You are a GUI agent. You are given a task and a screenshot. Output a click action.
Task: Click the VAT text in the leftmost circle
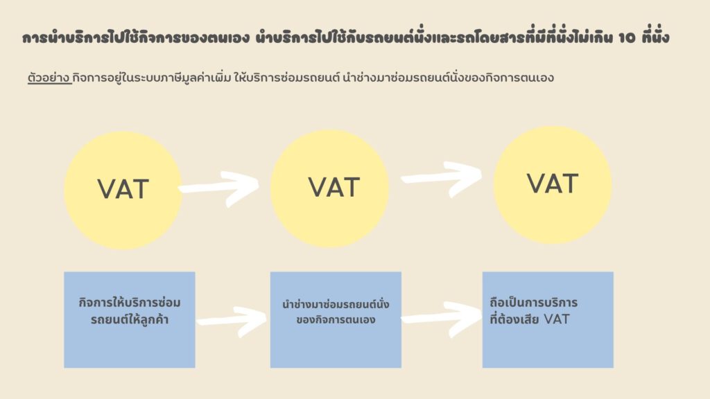click(123, 189)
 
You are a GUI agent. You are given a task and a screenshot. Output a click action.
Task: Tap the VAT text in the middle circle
click(334, 187)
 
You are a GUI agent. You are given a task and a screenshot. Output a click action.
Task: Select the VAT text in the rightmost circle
click(553, 184)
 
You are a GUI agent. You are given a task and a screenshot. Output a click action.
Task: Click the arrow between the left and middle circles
click(219, 188)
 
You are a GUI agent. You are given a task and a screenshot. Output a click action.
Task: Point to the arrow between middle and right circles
click(442, 178)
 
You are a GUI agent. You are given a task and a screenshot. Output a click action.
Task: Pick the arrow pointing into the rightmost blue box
click(442, 319)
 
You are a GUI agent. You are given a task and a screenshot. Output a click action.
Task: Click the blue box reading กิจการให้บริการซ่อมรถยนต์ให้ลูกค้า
click(130, 320)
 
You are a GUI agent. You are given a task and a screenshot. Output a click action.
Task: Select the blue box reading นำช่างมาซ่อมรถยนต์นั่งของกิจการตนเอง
click(336, 320)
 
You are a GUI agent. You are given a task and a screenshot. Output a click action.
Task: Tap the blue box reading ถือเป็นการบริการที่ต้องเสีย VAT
click(548, 320)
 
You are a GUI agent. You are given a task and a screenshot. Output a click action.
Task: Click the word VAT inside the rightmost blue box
click(557, 319)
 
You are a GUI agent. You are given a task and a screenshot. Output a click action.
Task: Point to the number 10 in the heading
click(627, 37)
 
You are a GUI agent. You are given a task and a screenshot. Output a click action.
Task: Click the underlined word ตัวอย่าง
click(49, 78)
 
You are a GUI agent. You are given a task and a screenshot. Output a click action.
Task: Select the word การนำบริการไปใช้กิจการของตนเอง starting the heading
click(135, 37)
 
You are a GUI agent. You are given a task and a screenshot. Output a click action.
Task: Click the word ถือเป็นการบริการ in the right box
click(533, 302)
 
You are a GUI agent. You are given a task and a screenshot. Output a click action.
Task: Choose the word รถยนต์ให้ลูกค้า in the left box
click(130, 319)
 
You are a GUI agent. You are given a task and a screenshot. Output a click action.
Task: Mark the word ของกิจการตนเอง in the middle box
click(336, 320)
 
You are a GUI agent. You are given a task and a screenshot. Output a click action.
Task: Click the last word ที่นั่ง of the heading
click(656, 36)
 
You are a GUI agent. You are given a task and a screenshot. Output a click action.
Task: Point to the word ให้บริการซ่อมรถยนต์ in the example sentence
click(286, 78)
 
